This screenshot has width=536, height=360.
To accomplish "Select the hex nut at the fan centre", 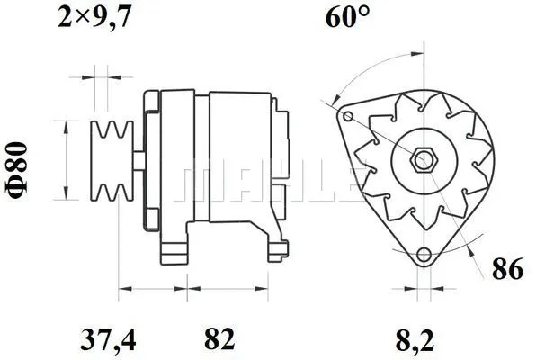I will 422,160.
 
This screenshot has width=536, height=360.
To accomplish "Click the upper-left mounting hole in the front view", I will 347,116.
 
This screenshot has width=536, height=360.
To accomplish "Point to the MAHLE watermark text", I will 270,183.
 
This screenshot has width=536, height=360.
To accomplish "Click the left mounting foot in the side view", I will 176,252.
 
